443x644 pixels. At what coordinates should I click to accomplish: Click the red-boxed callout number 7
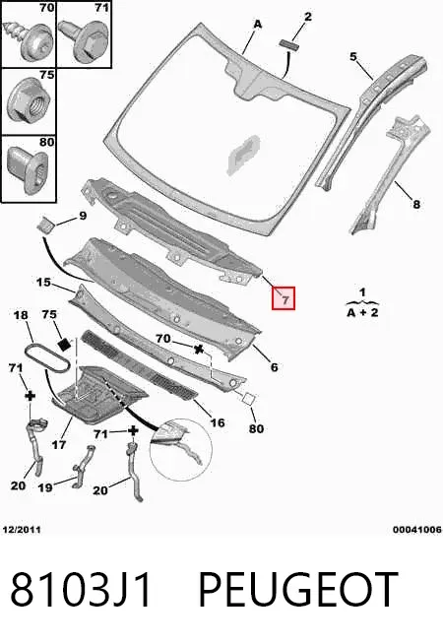tap(284, 298)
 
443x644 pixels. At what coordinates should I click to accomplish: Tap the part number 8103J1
tap(81, 590)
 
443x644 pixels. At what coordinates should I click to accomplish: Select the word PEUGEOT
tap(298, 590)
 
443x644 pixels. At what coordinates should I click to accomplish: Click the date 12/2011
tap(22, 530)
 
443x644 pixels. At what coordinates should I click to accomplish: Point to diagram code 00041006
tap(417, 530)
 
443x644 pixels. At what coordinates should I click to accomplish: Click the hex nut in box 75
tap(30, 99)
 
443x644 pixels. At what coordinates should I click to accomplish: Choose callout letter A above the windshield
tap(257, 25)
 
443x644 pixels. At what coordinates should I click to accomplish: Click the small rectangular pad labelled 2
tap(289, 43)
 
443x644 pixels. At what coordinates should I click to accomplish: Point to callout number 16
tap(218, 422)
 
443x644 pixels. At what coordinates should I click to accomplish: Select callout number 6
tap(275, 366)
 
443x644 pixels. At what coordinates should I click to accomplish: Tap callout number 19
tap(45, 487)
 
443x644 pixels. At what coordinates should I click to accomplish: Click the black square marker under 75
tap(64, 345)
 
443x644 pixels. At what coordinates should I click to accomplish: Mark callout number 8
tap(416, 204)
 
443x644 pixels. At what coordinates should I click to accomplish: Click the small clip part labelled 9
tap(44, 225)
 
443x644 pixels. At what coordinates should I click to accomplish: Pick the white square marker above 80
tap(249, 399)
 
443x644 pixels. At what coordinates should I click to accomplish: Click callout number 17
tap(59, 444)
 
